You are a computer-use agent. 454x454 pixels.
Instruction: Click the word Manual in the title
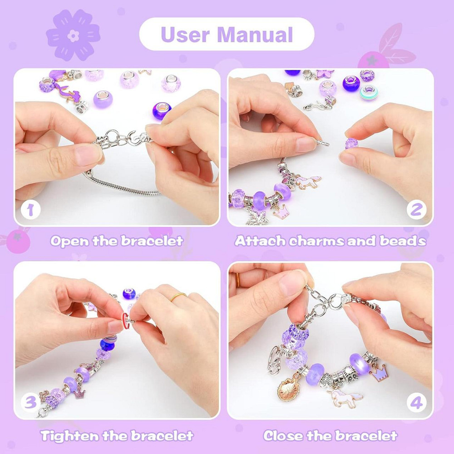click(x=255, y=35)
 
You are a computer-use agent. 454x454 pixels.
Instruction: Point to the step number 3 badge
click(x=31, y=402)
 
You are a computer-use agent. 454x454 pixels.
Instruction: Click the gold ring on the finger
click(x=178, y=296)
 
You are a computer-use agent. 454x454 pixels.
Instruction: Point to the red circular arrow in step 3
click(x=125, y=320)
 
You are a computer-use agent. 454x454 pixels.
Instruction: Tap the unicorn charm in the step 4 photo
click(x=345, y=398)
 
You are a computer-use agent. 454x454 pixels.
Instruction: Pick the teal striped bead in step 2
click(x=368, y=93)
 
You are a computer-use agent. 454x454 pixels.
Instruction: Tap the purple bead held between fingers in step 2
click(x=351, y=143)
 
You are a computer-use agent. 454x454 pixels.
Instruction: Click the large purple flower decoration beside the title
click(x=73, y=35)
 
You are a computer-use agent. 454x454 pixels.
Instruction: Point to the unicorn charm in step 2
click(x=307, y=182)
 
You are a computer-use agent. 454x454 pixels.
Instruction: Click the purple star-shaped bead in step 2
click(x=325, y=74)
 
